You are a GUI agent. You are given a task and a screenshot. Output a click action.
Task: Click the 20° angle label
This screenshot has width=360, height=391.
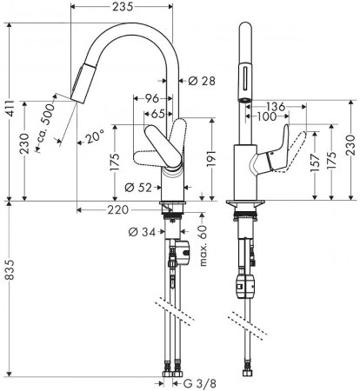(x=96, y=135)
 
